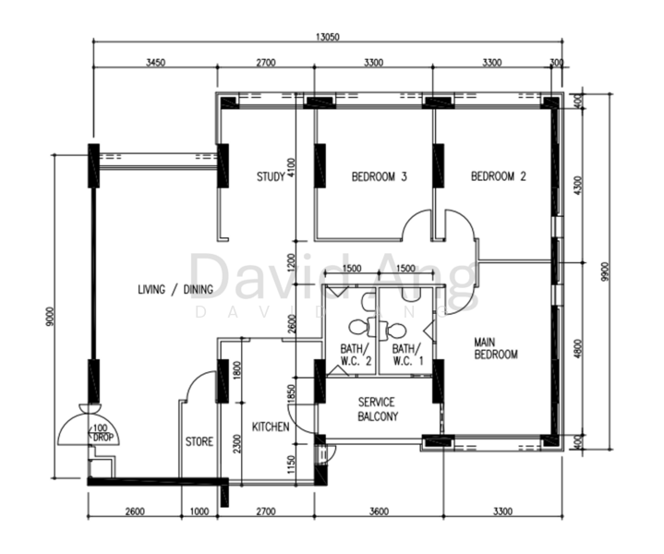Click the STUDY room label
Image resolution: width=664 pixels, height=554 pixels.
(270, 176)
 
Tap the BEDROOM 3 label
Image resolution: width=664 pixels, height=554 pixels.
(379, 176)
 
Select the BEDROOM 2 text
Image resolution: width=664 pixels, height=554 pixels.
(498, 176)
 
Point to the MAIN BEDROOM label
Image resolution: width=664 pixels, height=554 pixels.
(495, 347)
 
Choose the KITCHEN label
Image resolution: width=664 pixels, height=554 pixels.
(271, 428)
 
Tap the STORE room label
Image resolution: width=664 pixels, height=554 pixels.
(199, 441)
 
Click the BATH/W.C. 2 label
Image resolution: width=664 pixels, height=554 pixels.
(355, 355)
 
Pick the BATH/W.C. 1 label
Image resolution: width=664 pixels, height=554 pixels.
(406, 355)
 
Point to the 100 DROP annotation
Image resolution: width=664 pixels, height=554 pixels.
(103, 431)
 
